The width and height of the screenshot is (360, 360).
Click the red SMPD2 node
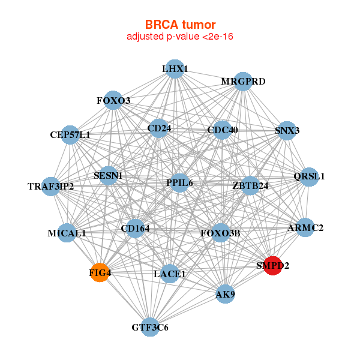point(273,266)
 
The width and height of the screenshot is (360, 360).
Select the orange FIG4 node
point(100,273)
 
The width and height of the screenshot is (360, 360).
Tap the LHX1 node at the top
point(175,69)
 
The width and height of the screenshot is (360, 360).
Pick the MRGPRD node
point(242,82)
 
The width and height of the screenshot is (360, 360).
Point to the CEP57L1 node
point(71,135)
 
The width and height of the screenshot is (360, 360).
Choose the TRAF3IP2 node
point(52,186)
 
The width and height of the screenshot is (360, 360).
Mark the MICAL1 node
point(67,233)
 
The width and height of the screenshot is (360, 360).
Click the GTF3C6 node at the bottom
point(150,327)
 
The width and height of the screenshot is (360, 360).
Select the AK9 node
point(225,294)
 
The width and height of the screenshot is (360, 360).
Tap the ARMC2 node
point(305,228)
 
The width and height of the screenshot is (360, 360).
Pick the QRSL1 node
point(309,176)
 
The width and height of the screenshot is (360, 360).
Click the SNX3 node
point(287,130)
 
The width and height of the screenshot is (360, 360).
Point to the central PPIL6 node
point(180,182)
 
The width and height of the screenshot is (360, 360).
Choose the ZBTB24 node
point(250,185)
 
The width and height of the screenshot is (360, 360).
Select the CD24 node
point(158,127)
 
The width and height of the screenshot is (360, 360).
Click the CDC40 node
point(222,130)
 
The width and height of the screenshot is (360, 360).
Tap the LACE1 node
point(170,274)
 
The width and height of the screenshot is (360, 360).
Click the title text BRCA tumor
point(180,25)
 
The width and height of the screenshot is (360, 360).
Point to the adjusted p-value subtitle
point(180,37)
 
